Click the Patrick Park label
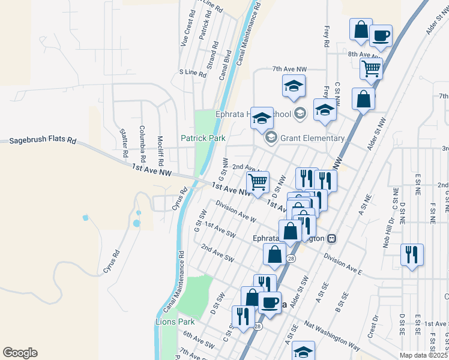point(203,138)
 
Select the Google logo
point(19,353)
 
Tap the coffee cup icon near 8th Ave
point(381,36)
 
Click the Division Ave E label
point(343,263)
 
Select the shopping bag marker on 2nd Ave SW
point(274,254)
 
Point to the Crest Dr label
point(374,328)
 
